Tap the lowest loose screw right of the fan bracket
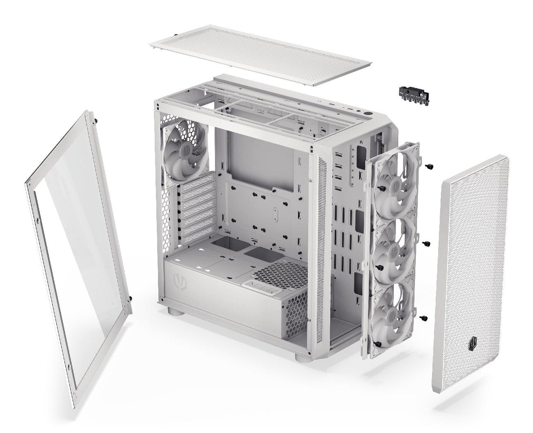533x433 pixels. click(423, 317)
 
